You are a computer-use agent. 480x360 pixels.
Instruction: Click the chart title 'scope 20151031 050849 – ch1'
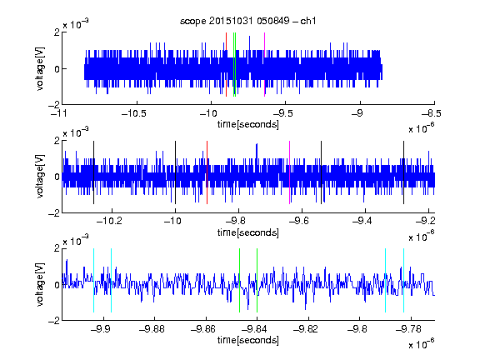pyautogui.click(x=247, y=21)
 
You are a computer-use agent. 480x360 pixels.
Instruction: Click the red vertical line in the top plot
pyautogui.click(x=226, y=65)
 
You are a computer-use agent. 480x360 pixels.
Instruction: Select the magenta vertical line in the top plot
pyautogui.click(x=264, y=65)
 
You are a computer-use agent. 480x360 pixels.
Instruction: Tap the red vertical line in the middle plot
pyautogui.click(x=207, y=172)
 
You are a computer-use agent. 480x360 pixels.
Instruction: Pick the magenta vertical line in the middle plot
pyautogui.click(x=290, y=172)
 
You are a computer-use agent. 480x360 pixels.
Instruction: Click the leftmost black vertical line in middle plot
pyautogui.click(x=93, y=172)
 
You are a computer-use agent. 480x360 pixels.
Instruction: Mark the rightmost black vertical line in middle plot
pyautogui.click(x=403, y=172)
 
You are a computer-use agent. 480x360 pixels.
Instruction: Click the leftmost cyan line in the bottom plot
pyautogui.click(x=93, y=280)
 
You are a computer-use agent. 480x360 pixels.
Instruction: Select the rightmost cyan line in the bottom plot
pyautogui.click(x=403, y=280)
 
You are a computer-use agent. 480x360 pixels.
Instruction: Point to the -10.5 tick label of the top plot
pyautogui.click(x=134, y=113)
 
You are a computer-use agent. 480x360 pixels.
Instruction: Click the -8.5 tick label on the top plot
pyautogui.click(x=432, y=113)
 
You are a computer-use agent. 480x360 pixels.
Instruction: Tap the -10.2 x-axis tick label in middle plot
pyautogui.click(x=109, y=221)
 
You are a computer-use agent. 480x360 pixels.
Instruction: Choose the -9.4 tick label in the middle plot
pyautogui.click(x=362, y=221)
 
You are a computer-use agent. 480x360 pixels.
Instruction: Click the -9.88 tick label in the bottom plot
pyautogui.click(x=152, y=329)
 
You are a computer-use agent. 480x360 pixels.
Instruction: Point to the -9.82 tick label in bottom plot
pyautogui.click(x=306, y=329)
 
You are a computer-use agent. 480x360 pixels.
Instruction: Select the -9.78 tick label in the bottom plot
pyautogui.click(x=408, y=329)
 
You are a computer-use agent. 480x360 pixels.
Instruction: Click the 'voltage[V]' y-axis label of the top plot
pyautogui.click(x=40, y=68)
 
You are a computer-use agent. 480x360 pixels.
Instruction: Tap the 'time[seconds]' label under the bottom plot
pyautogui.click(x=248, y=340)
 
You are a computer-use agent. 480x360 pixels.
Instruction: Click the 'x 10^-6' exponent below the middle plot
pyautogui.click(x=422, y=236)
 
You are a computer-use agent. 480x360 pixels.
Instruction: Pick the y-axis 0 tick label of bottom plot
pyautogui.click(x=57, y=285)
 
